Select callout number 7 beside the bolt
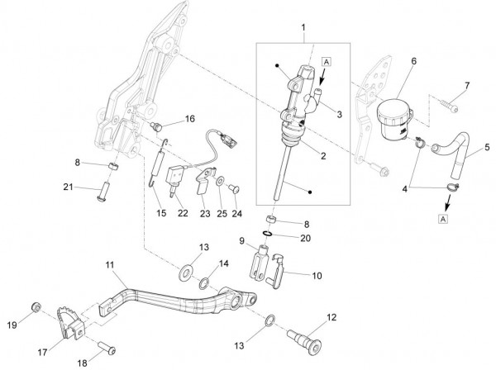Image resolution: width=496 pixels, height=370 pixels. (x=467, y=85)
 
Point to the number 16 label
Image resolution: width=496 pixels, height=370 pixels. (x=190, y=119)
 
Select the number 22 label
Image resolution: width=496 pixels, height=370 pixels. (x=183, y=213)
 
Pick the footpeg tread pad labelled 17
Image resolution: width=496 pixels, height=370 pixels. (x=71, y=322)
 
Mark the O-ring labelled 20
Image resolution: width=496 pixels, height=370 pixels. (x=267, y=234)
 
